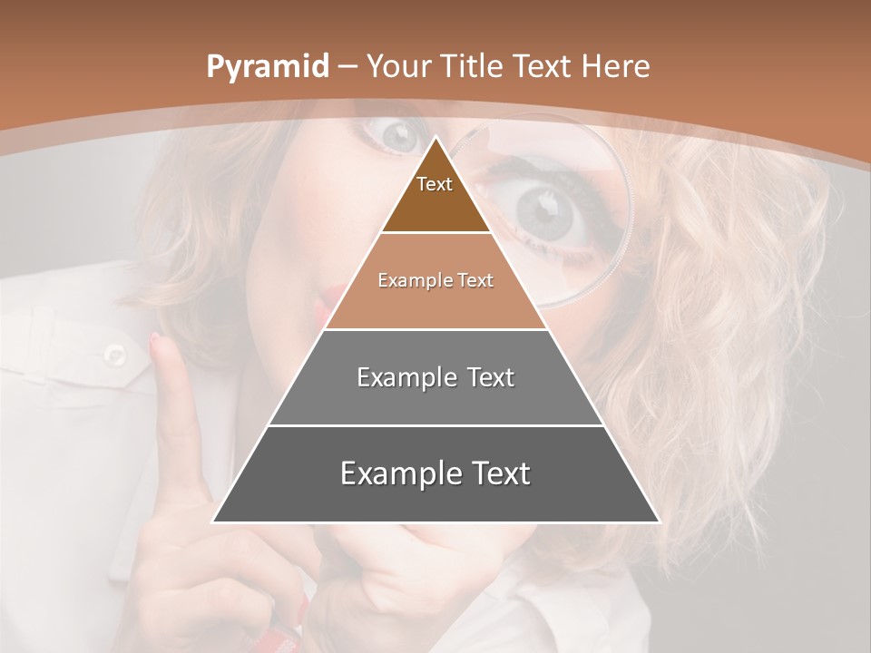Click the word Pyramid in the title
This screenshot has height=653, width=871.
click(x=267, y=67)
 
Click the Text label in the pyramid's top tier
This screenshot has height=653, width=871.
click(x=435, y=184)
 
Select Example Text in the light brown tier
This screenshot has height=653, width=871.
click(x=435, y=280)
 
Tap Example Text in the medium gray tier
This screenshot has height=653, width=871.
click(x=435, y=377)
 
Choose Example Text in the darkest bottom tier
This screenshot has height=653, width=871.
click(x=435, y=473)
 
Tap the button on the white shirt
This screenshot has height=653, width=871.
click(x=114, y=354)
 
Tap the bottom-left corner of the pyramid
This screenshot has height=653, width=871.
click(x=213, y=521)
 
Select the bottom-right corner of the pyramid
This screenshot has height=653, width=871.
click(x=659, y=521)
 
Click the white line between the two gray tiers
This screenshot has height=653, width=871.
click(x=435, y=425)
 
